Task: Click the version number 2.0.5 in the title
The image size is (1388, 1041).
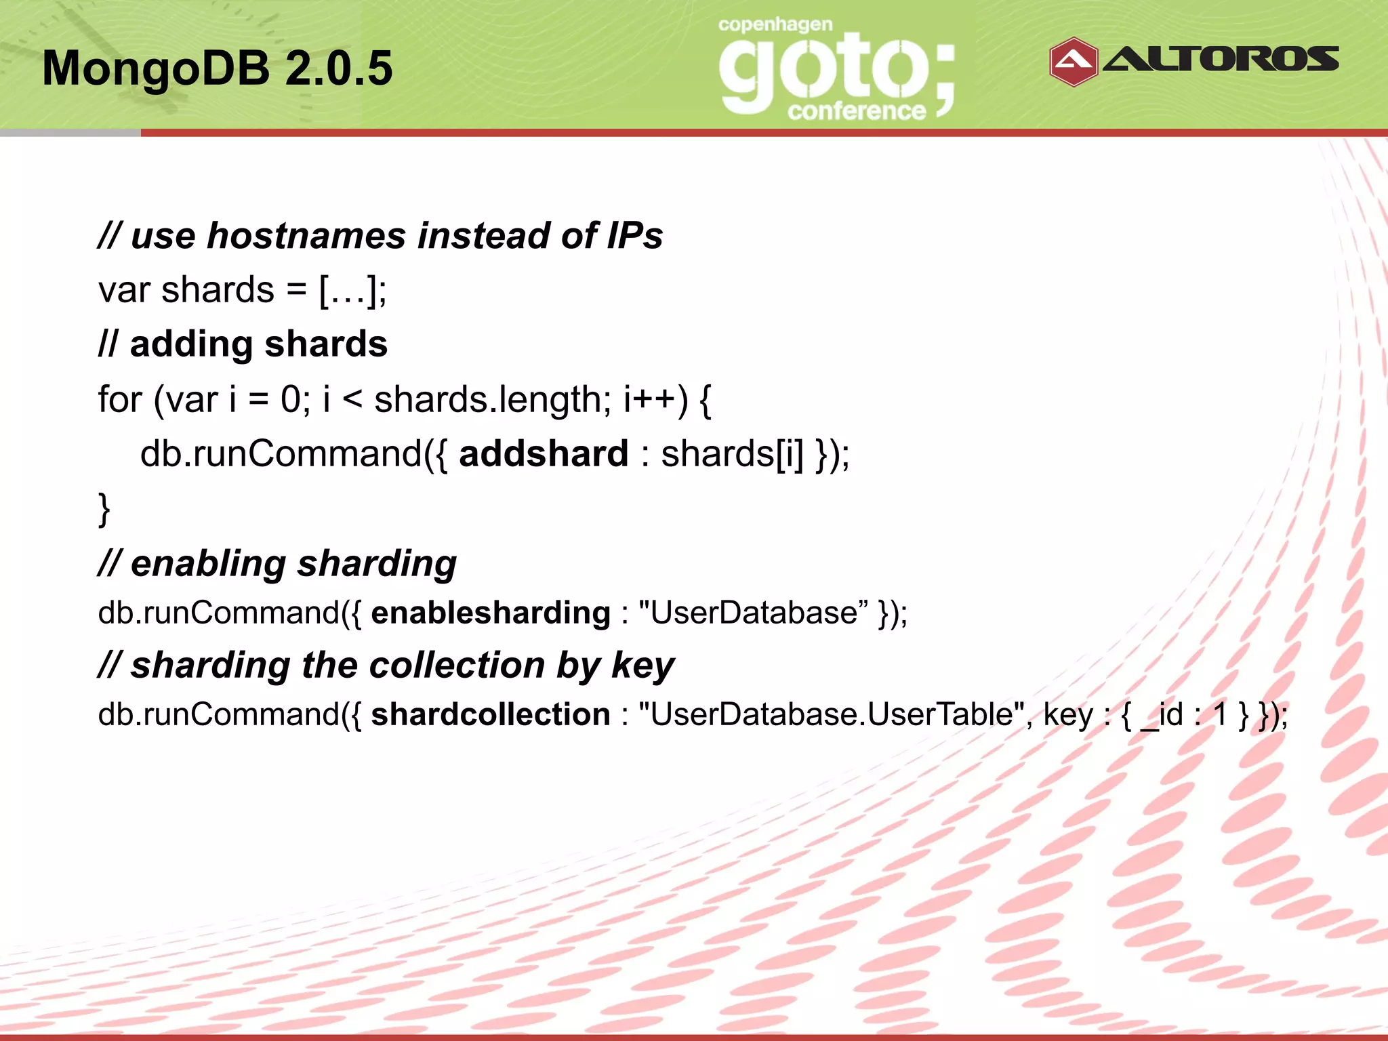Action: point(338,68)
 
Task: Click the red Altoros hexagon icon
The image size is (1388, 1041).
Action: point(1073,62)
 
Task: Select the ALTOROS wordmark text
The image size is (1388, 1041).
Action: point(1221,60)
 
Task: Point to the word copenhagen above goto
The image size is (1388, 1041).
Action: point(775,25)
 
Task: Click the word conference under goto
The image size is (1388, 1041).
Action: point(857,111)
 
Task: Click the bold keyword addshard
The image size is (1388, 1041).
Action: point(544,453)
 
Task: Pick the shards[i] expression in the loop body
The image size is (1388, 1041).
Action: point(732,453)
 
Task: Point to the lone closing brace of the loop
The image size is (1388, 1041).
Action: point(104,508)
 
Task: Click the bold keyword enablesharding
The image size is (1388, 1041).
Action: point(491,613)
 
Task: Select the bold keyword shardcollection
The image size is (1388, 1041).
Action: point(491,714)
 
